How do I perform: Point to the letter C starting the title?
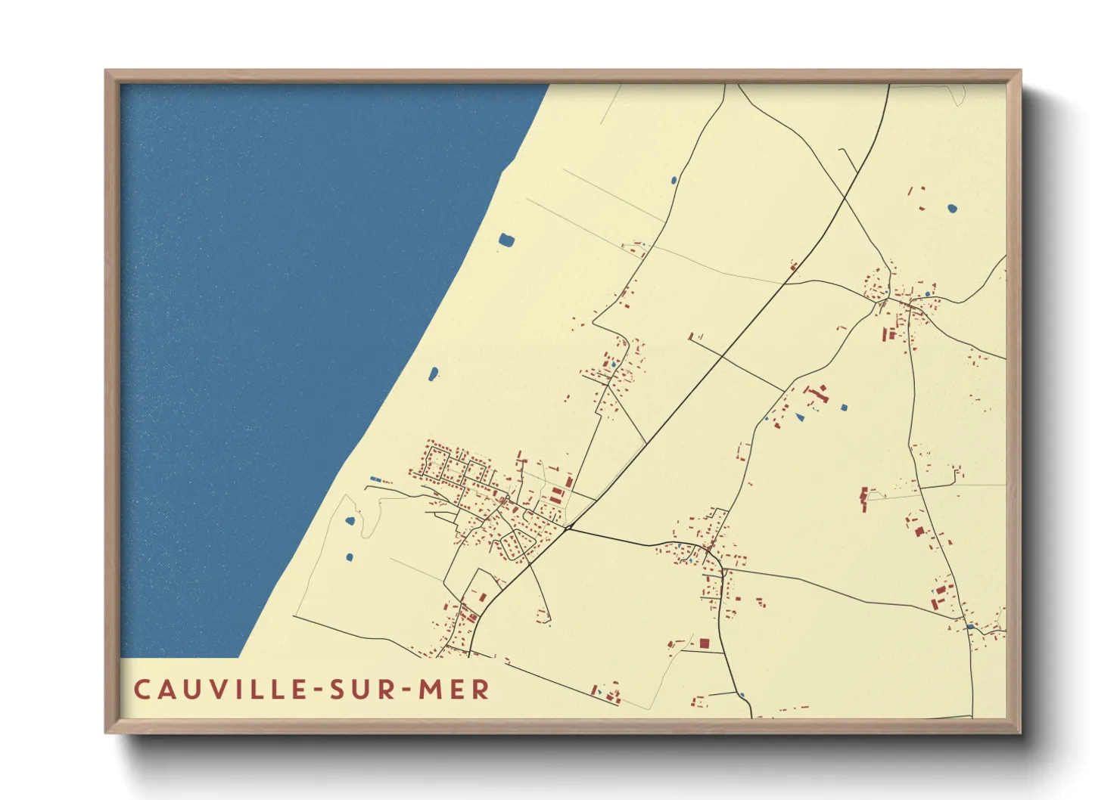pyautogui.click(x=142, y=690)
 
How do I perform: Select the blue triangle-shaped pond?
pyautogui.click(x=800, y=417)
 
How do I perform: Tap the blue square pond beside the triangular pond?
pyautogui.click(x=844, y=408)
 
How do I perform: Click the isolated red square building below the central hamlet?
pyautogui.click(x=705, y=643)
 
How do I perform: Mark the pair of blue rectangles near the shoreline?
pyautogui.click(x=376, y=479)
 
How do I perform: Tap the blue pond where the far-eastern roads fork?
pyautogui.click(x=969, y=626)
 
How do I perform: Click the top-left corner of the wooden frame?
pyautogui.click(x=106, y=70)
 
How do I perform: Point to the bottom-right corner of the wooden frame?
pyautogui.click(x=1020, y=732)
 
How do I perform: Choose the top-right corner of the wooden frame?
pyautogui.click(x=1020, y=70)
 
